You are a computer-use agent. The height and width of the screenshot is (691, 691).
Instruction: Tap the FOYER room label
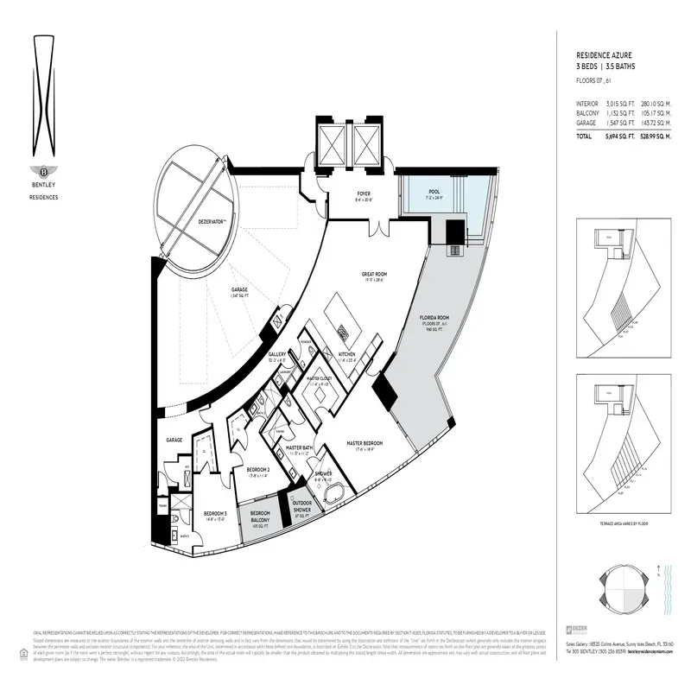point(364,193)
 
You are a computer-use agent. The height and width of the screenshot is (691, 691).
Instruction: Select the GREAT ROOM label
point(373,275)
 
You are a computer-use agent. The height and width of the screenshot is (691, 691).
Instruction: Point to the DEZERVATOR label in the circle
point(212,222)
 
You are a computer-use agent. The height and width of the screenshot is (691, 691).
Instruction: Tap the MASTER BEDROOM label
point(365,443)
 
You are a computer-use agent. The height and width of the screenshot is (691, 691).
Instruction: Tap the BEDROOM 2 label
point(258,470)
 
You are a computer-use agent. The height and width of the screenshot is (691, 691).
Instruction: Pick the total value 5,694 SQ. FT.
point(618,136)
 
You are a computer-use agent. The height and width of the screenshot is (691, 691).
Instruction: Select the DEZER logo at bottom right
point(573,629)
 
